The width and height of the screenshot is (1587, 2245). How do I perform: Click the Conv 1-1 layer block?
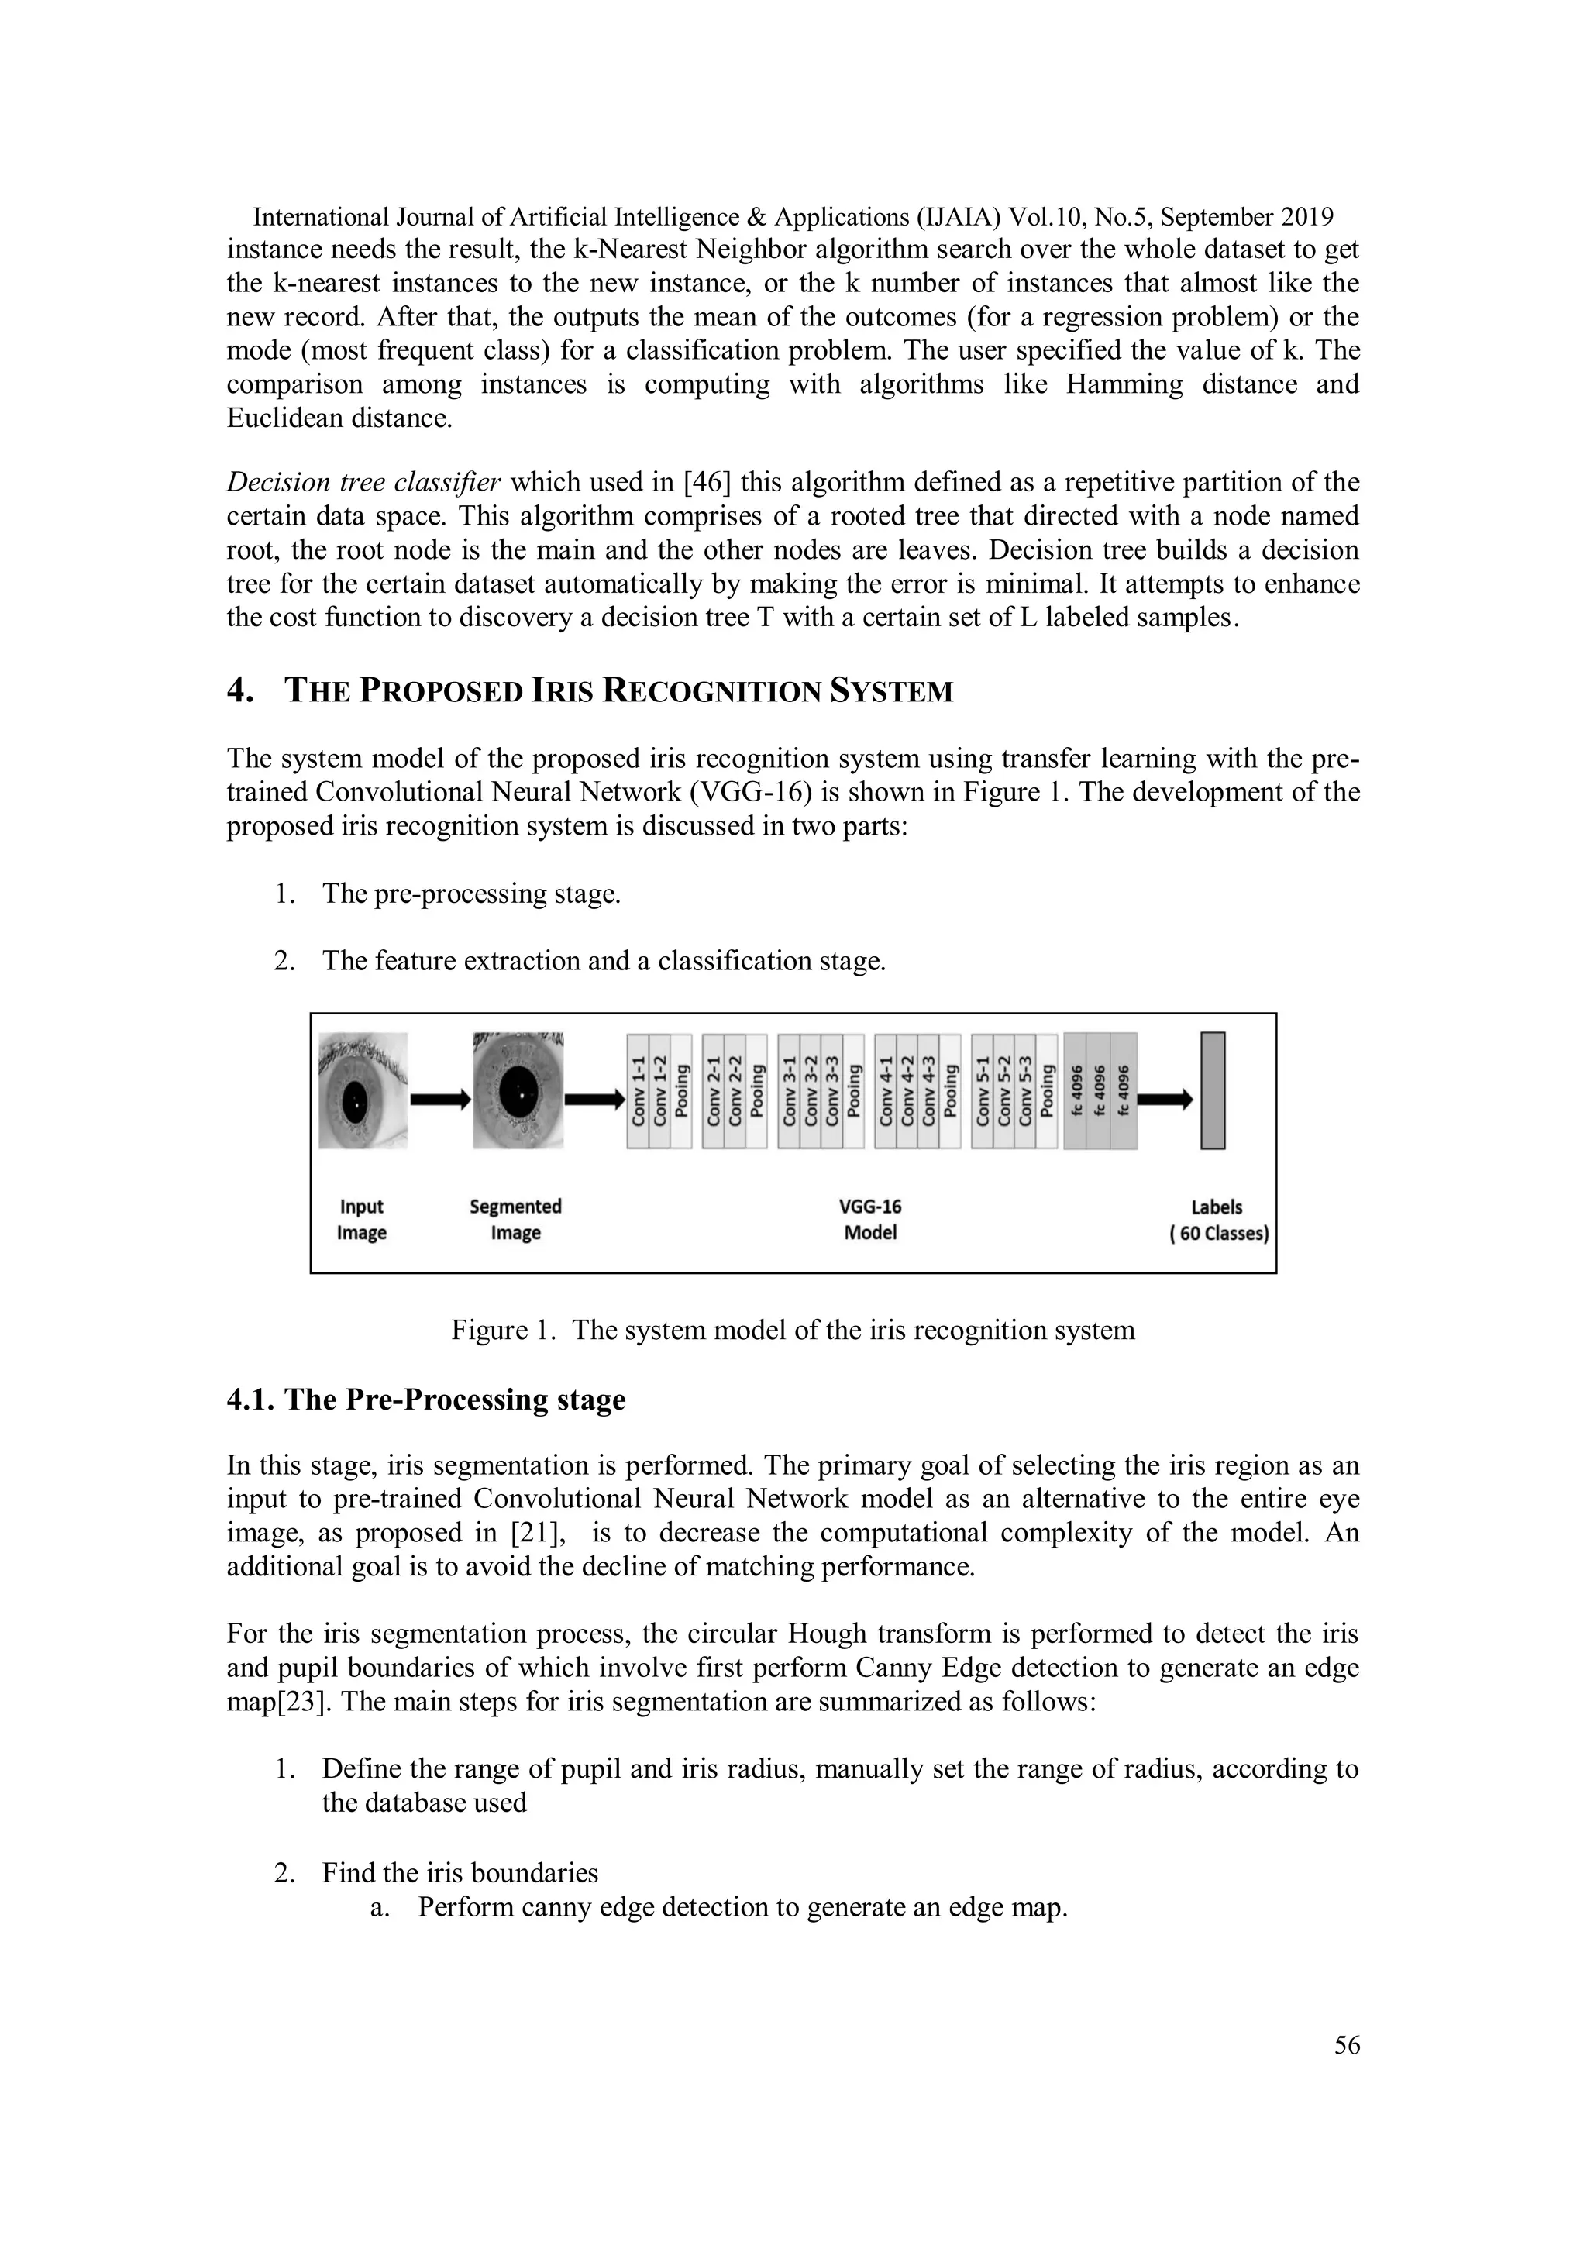pyautogui.click(x=638, y=1090)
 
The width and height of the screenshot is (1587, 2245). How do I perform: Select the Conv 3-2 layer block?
pyautogui.click(x=811, y=1090)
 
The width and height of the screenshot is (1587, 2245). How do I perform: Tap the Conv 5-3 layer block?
pyautogui.click(x=1024, y=1090)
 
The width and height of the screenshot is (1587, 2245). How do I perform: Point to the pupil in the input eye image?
pyautogui.click(x=355, y=1102)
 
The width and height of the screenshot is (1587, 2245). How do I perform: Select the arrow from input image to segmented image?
pyautogui.click(x=439, y=1100)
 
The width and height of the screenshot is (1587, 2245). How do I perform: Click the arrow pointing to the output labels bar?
pyautogui.click(x=1165, y=1100)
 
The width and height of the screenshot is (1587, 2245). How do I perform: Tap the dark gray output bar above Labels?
pyautogui.click(x=1213, y=1090)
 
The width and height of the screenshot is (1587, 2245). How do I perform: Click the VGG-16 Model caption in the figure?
pyautogui.click(x=869, y=1219)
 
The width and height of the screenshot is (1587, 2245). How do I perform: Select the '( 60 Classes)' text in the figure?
pyautogui.click(x=1218, y=1233)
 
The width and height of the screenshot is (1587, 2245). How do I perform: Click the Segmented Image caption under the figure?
pyautogui.click(x=515, y=1219)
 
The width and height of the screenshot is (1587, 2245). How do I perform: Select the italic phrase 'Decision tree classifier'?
pyautogui.click(x=363, y=482)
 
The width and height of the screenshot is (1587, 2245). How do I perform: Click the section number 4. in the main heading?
pyautogui.click(x=240, y=690)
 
